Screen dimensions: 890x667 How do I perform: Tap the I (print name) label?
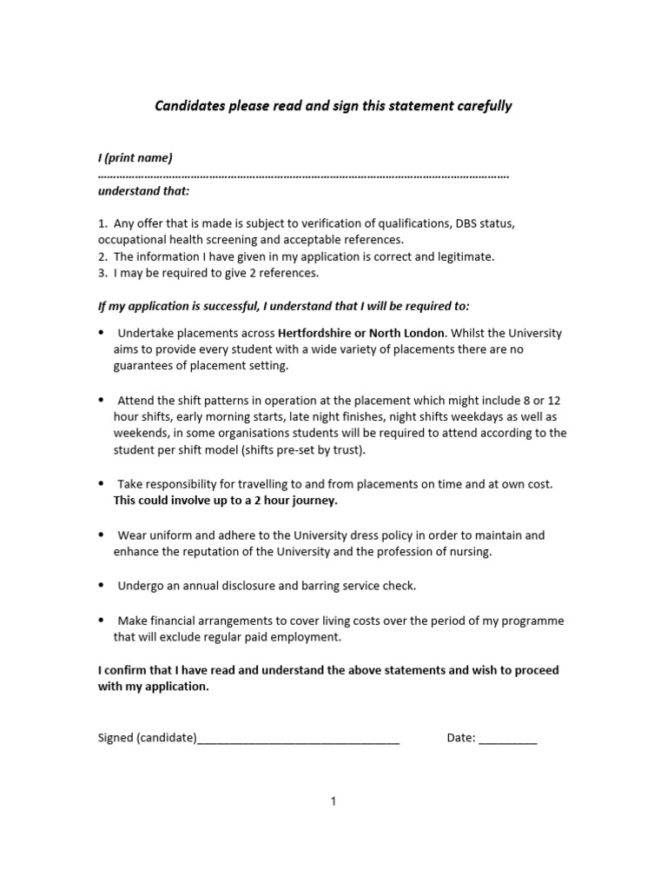[135, 157]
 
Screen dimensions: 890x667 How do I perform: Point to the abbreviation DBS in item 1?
[466, 223]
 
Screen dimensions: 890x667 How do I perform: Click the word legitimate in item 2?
[466, 256]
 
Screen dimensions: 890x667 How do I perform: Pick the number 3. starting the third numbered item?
[102, 273]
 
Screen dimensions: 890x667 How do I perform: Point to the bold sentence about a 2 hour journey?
[226, 501]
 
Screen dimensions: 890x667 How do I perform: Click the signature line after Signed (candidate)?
[299, 740]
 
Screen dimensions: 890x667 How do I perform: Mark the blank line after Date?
[508, 740]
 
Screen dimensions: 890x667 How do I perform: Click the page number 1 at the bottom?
[333, 801]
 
